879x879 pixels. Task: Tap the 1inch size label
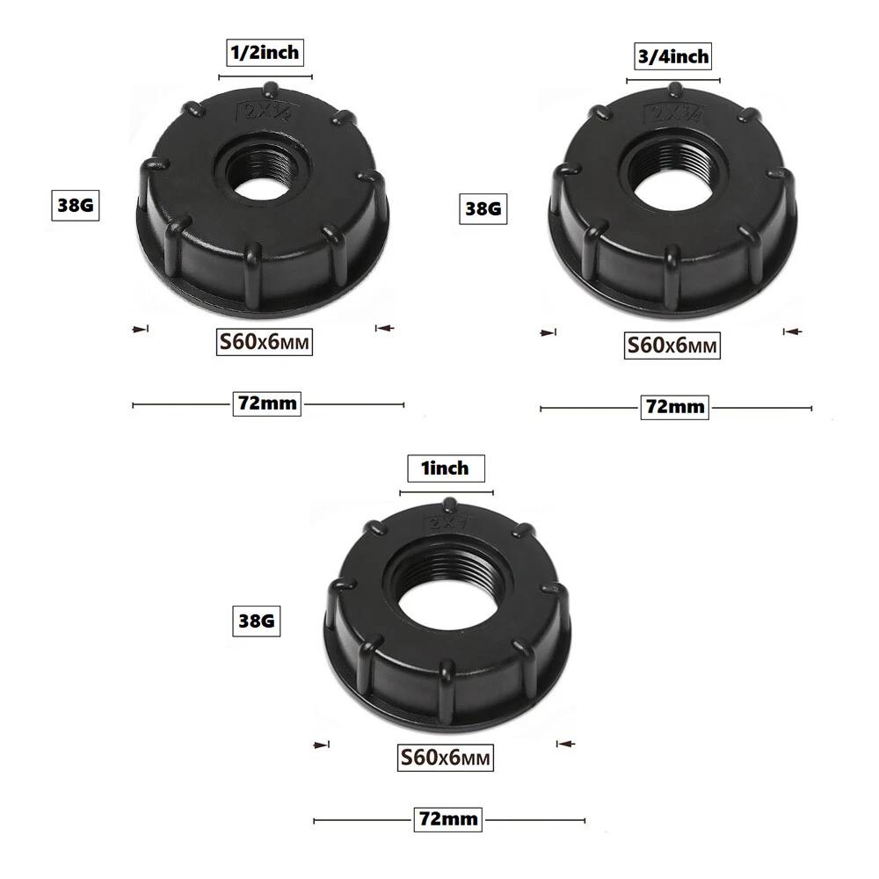tap(445, 469)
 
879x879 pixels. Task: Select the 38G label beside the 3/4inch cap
tap(483, 208)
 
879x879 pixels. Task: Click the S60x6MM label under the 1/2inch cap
tap(265, 341)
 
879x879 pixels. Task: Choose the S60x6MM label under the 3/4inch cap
tap(672, 345)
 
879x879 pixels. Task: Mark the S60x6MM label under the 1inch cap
tap(446, 757)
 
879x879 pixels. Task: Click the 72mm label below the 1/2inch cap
tap(267, 404)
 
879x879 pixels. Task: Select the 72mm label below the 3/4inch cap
tap(675, 407)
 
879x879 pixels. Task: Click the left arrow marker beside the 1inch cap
tap(321, 745)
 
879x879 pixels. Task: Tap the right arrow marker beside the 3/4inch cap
tap(793, 331)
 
